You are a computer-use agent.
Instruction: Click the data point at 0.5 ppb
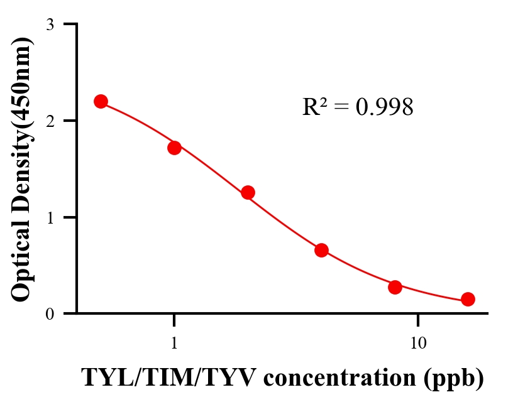[101, 101]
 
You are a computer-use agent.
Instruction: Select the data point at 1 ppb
[174, 148]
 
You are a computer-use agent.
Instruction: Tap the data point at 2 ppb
[248, 192]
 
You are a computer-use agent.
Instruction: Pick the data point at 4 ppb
[321, 250]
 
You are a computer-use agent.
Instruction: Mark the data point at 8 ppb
[395, 287]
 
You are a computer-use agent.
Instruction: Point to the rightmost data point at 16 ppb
[468, 299]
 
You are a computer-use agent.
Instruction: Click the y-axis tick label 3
[50, 24]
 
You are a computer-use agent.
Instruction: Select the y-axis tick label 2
[50, 121]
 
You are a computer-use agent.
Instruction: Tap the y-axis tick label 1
[50, 217]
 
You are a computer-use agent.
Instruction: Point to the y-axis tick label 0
[50, 314]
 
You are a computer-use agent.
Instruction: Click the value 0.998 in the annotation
[384, 107]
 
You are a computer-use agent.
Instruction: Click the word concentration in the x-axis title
[331, 378]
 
